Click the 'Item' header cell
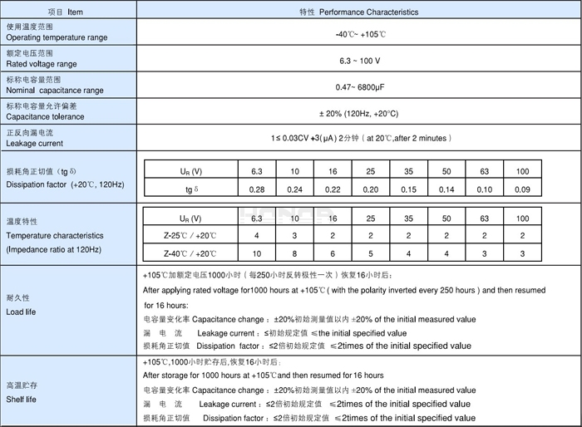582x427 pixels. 66,12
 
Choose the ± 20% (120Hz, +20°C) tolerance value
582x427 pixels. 358,114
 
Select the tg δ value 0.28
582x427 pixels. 257,189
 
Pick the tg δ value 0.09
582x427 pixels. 522,189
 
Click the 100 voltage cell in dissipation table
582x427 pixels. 522,171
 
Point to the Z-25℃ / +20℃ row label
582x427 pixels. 190,236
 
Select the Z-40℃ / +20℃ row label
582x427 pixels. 190,254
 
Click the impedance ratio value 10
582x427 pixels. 257,254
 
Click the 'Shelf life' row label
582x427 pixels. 22,400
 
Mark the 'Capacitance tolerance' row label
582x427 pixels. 45,117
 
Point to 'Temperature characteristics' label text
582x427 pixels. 55,235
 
